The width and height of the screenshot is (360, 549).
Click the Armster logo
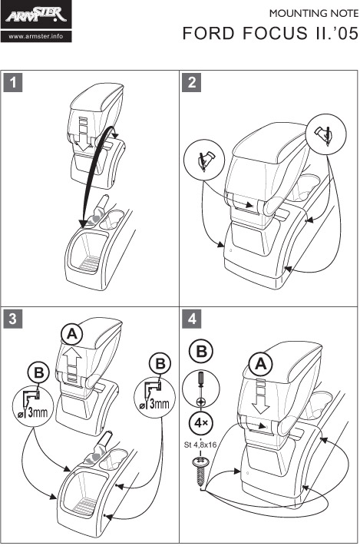pos(36,15)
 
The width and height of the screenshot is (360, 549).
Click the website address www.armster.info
pos(36,36)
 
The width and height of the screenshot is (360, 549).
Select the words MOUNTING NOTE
pos(314,14)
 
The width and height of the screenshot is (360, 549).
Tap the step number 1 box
pos(13,83)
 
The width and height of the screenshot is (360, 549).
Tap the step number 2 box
pos(192,83)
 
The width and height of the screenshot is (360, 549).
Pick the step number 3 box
pos(13,319)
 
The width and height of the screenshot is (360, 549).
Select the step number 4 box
pos(192,319)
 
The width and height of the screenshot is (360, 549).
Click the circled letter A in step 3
pos(72,335)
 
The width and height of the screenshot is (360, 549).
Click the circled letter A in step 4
pos(261,365)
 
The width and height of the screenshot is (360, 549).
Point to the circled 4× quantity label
pos(201,424)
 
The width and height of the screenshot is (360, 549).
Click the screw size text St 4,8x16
pos(200,445)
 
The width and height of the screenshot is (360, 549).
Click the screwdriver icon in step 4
pos(201,389)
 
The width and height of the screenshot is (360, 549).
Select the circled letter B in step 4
pos(201,351)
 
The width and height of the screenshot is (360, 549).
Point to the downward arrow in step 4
pos(261,398)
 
